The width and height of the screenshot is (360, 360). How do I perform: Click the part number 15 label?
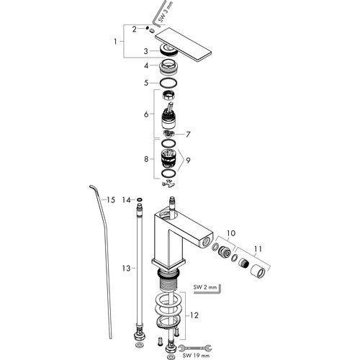[x=111, y=199]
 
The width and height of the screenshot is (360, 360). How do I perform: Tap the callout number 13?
[x=126, y=268]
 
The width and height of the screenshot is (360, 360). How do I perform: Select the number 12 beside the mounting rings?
[x=194, y=315]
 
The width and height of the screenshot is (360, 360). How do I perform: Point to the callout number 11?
[x=258, y=249]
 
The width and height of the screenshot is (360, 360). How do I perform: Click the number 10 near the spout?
[x=231, y=233]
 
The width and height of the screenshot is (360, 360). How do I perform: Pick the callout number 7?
[x=188, y=135]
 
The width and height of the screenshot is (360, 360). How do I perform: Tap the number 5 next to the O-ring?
[x=146, y=83]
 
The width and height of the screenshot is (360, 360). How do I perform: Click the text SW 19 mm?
[x=196, y=356]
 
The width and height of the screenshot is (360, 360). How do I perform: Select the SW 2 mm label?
[x=205, y=287]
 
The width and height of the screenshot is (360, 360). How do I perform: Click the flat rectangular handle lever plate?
[x=184, y=45]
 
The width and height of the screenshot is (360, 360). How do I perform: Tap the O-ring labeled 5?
[x=168, y=83]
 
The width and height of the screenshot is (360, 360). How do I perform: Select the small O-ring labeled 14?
[x=140, y=199]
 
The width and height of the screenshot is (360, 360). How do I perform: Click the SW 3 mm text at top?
[x=166, y=12]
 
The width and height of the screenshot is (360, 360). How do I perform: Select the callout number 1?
[x=115, y=42]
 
